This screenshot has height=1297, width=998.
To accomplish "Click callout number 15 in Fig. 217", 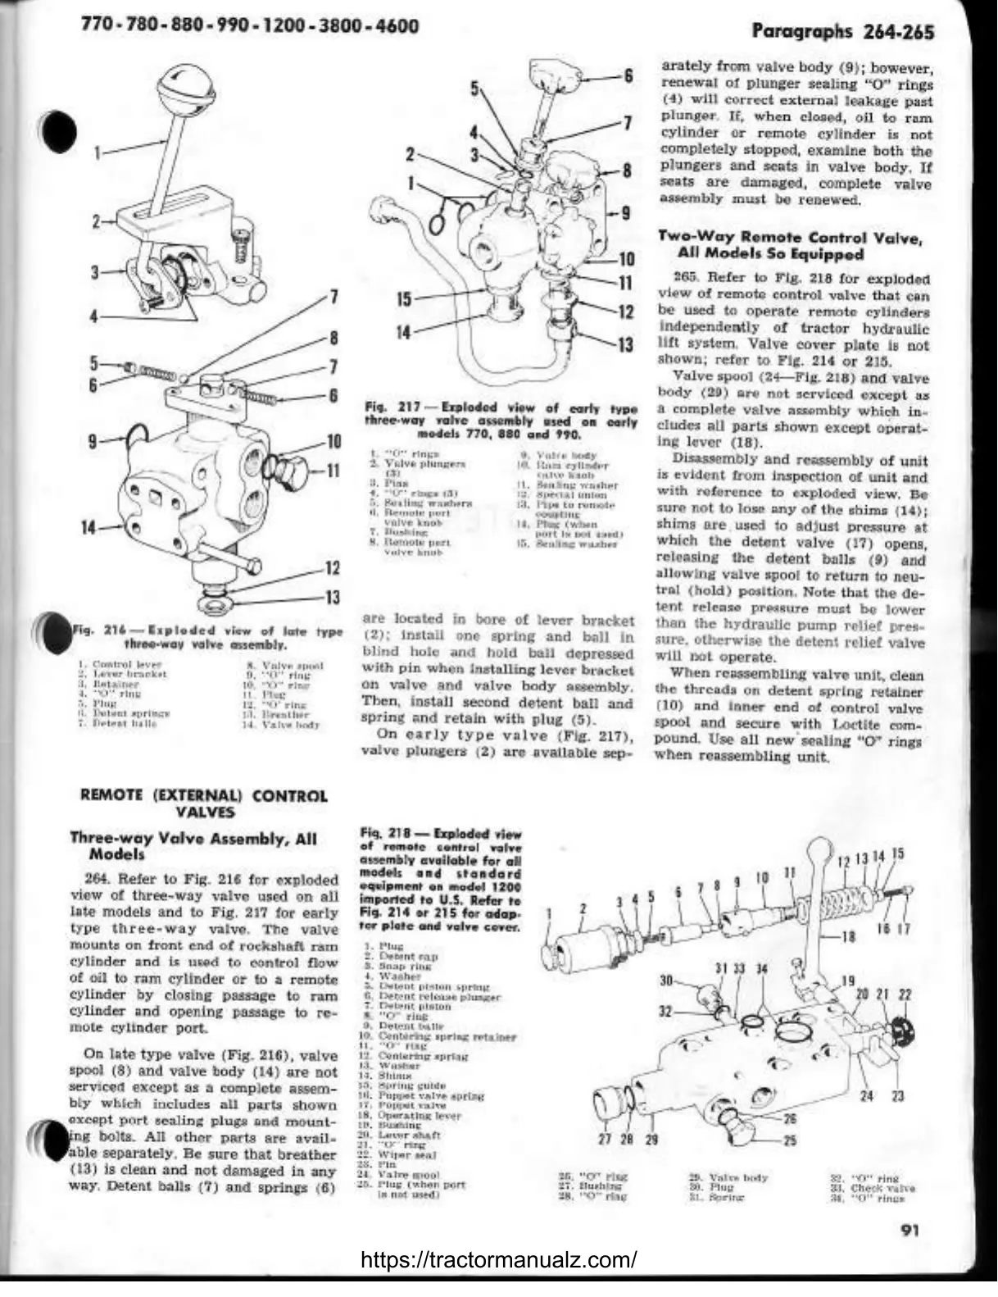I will point(404,299).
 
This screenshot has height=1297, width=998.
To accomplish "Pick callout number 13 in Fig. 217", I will point(625,345).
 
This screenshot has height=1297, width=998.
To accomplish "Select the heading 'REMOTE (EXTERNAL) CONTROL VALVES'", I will point(202,803).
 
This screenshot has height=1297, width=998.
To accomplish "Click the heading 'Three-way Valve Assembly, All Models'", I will point(193,845).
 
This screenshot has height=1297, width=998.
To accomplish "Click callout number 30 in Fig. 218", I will point(666,981).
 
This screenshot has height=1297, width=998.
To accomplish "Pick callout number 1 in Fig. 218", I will point(549,910).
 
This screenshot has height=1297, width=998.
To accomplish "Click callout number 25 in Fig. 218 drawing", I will point(790,1140).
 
